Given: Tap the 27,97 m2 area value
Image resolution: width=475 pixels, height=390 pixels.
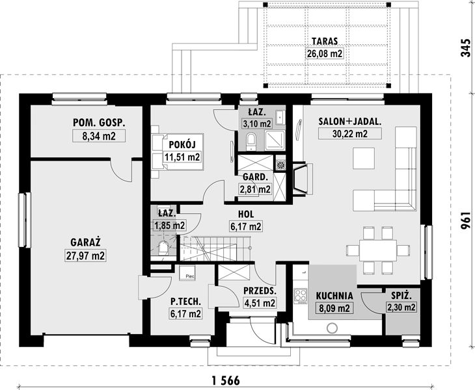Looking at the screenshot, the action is [85, 256].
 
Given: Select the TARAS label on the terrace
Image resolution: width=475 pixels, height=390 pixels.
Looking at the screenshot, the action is [325, 41].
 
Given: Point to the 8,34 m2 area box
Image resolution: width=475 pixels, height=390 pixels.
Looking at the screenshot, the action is [99, 136].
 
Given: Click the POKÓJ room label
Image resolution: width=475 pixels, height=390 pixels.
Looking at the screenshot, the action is [182, 144].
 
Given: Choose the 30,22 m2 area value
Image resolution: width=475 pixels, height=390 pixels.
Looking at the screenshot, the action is [349, 133].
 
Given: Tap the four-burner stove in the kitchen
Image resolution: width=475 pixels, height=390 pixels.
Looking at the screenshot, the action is [301, 296].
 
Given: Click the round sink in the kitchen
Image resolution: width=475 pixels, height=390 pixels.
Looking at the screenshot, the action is [332, 328].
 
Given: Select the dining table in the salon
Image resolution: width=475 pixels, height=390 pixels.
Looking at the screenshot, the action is [378, 250].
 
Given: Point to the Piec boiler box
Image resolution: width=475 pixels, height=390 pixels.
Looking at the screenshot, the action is [187, 273].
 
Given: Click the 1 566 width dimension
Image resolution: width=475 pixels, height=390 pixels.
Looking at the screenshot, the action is [226, 380].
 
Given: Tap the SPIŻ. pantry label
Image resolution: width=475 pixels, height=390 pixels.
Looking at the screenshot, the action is [401, 296].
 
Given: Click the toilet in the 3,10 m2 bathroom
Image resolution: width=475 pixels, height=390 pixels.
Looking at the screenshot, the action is [251, 140].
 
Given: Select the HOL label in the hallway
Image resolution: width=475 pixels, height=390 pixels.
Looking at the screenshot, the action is [246, 214].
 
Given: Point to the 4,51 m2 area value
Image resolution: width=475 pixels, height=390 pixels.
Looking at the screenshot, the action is [260, 303].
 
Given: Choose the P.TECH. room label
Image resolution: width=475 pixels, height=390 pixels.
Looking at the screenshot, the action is [185, 301].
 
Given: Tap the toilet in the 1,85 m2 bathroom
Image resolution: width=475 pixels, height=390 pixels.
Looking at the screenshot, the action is [163, 248].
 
